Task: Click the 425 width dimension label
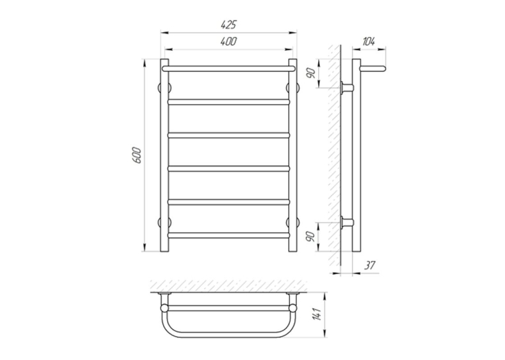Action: pyautogui.click(x=228, y=24)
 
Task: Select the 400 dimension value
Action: pyautogui.click(x=228, y=42)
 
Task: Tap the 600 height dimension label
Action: pyautogui.click(x=137, y=155)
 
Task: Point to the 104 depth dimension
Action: pyautogui.click(x=369, y=42)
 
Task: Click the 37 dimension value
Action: pyautogui.click(x=370, y=265)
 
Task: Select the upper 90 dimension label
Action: pyautogui.click(x=311, y=73)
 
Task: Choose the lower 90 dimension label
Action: pyautogui.click(x=311, y=236)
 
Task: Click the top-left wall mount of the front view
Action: pyautogui.click(x=164, y=87)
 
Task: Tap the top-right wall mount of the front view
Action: pyautogui.click(x=292, y=87)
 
